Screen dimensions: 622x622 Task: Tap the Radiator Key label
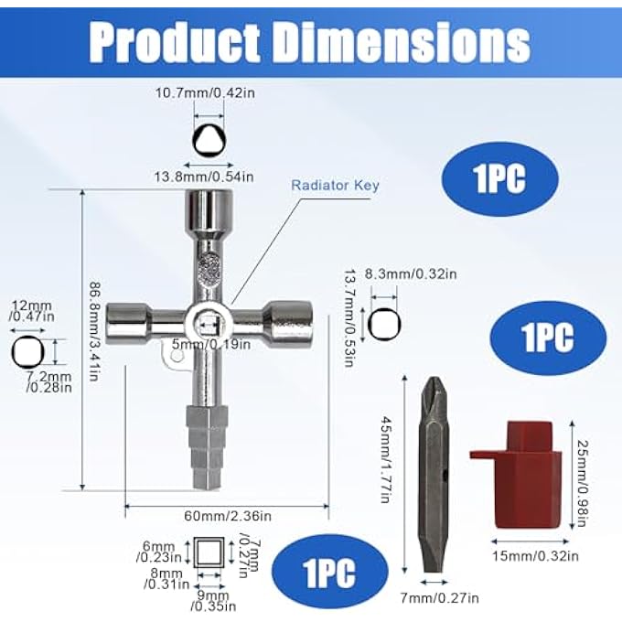[335, 186]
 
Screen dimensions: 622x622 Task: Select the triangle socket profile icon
[209, 141]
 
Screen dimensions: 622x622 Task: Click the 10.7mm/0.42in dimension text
[205, 92]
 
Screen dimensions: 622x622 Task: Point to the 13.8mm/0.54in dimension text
[204, 177]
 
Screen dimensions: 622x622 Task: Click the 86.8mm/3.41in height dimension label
[94, 331]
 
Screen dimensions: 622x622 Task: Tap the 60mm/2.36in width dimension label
[228, 516]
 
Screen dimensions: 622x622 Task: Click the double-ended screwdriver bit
[434, 474]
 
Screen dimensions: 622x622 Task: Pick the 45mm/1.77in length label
[386, 459]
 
